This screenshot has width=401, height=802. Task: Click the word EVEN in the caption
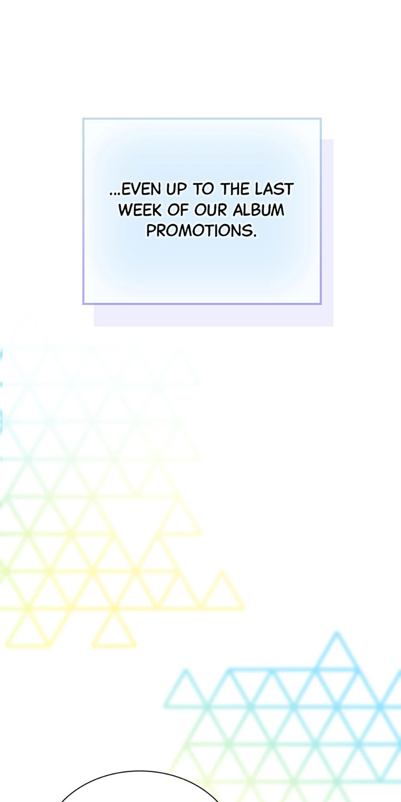[141, 189]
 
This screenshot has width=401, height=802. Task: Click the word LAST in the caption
[274, 189]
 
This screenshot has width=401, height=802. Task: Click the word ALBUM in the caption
[259, 210]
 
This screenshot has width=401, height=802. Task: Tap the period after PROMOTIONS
[255, 236]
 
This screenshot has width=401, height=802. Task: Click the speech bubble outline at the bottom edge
[139, 771]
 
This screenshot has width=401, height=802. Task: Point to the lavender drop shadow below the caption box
[213, 316]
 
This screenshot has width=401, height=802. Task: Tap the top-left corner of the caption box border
[83, 119]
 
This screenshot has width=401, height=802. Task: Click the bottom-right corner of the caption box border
[321, 304]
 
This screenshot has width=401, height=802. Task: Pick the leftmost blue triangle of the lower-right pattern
[186, 689]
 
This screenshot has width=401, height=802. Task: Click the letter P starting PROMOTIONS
[151, 231]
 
